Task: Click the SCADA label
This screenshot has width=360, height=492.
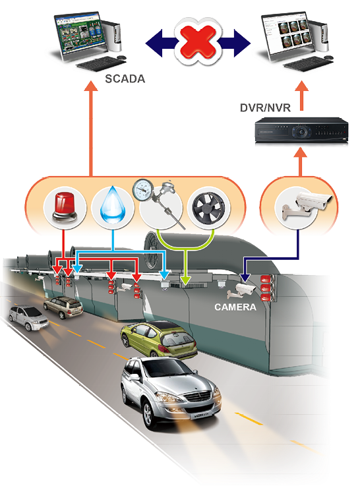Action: [x=125, y=78]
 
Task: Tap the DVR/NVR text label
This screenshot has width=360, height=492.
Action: [x=265, y=108]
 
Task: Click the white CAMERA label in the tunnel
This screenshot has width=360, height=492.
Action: [x=235, y=307]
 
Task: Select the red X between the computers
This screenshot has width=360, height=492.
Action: [x=198, y=42]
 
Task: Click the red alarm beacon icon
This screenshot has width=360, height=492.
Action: [x=65, y=207]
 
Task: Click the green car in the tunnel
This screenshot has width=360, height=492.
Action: [x=159, y=339]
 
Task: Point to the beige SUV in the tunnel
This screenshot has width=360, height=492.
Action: [x=63, y=307]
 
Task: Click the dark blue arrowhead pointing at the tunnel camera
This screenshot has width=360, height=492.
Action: [x=245, y=278]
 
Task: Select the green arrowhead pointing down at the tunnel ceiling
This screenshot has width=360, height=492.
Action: [x=185, y=280]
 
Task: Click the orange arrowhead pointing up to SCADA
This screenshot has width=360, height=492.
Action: [x=91, y=86]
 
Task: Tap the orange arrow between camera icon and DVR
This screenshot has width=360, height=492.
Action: [x=301, y=162]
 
